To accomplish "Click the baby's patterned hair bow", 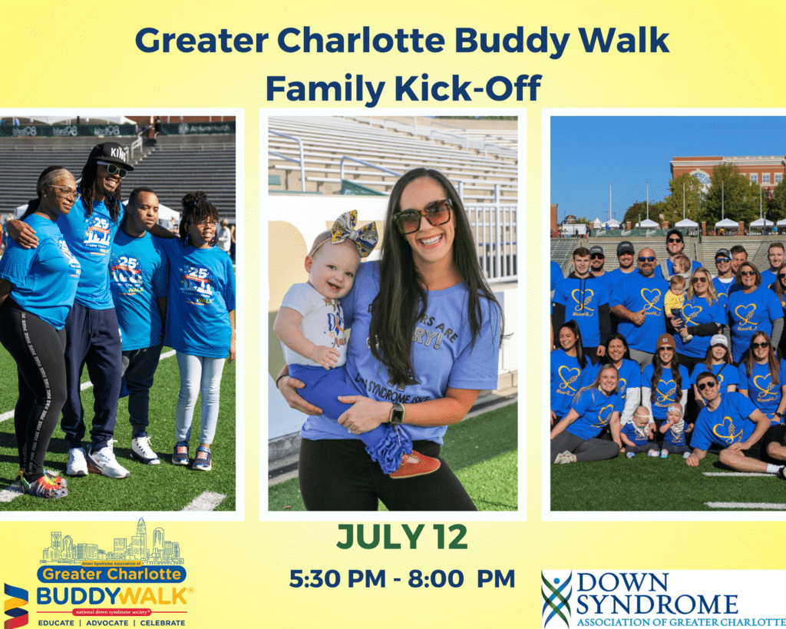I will (x=354, y=233).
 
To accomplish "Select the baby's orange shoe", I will (x=414, y=464).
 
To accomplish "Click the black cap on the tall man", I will (x=113, y=154).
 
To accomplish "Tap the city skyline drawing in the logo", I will (x=111, y=548).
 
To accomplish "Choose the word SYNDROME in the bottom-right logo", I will (x=657, y=604).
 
